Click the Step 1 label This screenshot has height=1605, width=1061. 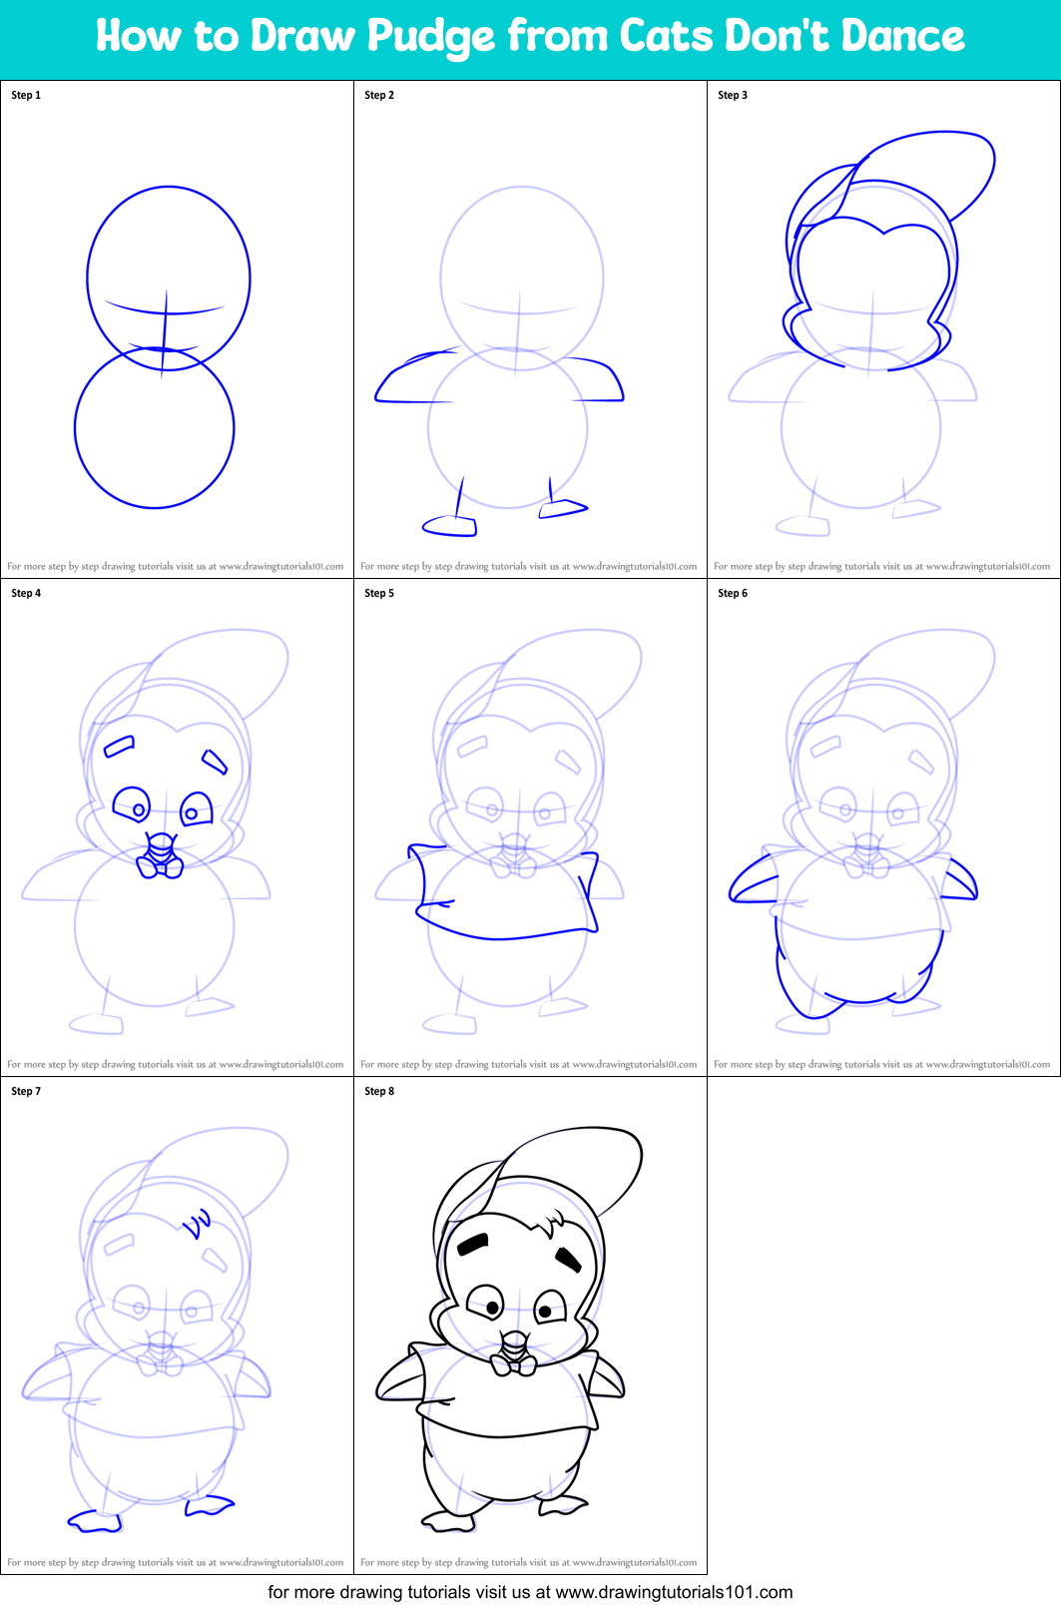tap(26, 95)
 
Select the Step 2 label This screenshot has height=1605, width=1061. tap(379, 95)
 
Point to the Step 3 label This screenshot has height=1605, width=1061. tap(733, 95)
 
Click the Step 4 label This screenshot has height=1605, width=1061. tap(26, 593)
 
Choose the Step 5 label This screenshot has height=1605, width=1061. tap(379, 593)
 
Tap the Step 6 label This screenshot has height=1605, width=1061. tap(733, 593)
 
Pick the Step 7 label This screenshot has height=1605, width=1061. tap(26, 1091)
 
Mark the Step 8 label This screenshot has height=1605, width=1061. tap(379, 1091)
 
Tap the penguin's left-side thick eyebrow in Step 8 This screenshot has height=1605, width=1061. tap(472, 1244)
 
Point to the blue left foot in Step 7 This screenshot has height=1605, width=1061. tap(95, 1521)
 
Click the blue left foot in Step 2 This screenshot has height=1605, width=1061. tap(450, 525)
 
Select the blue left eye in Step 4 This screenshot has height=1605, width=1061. tap(131, 803)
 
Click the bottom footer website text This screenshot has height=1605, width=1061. tap(530, 1592)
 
